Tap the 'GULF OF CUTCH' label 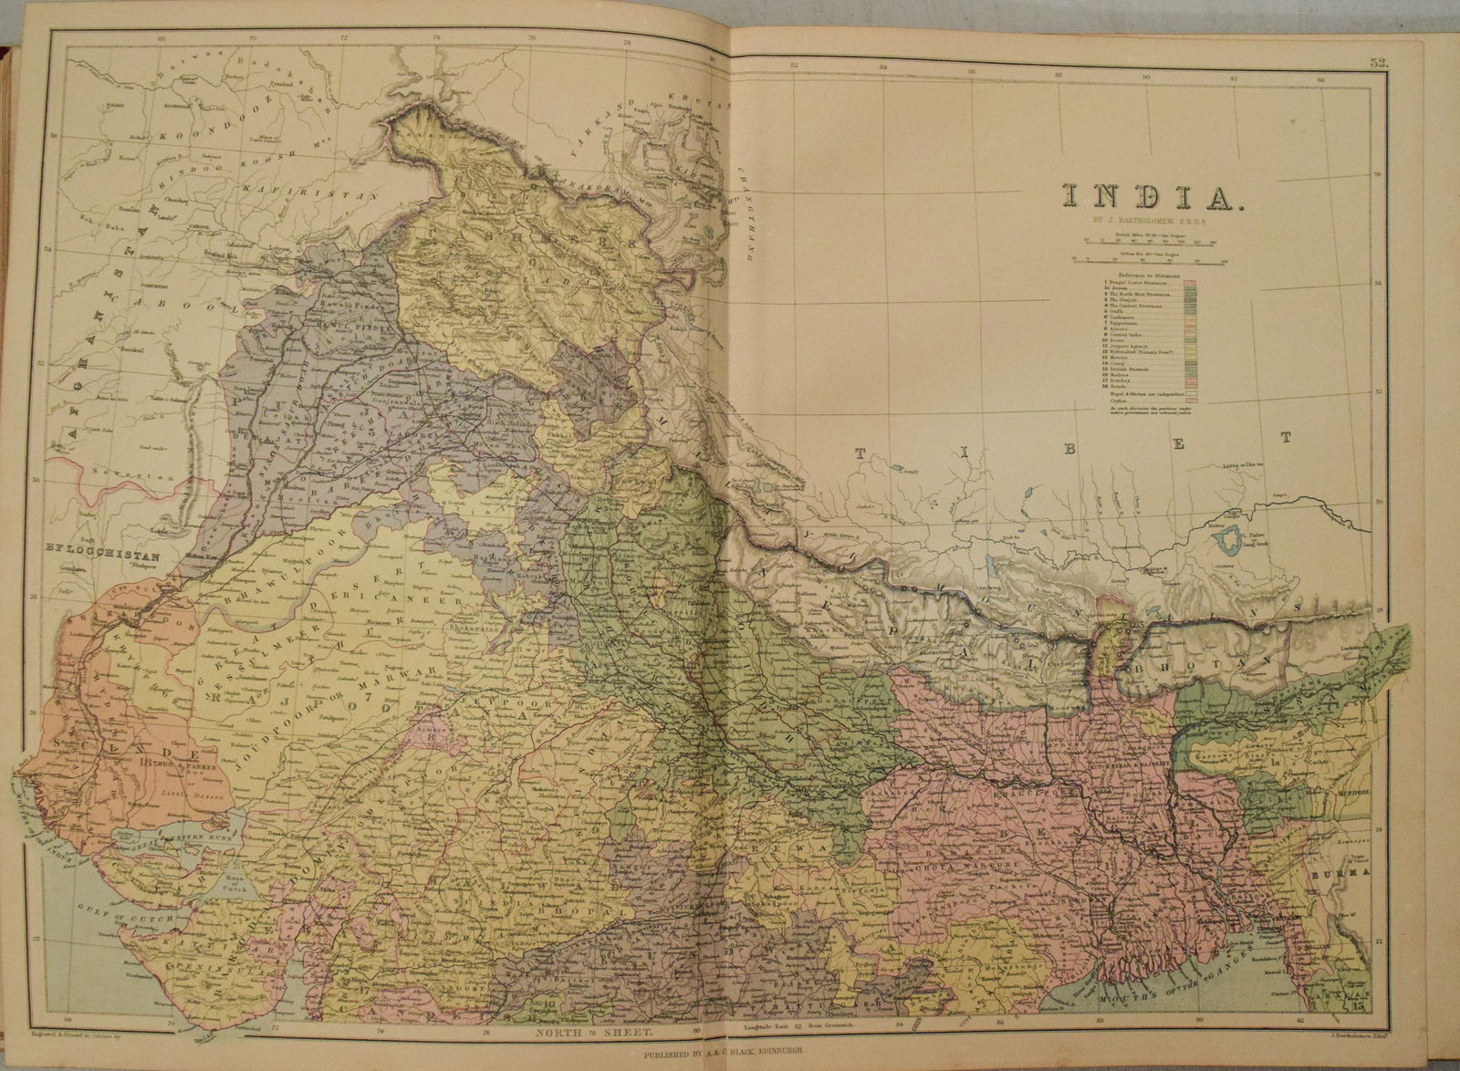click(x=99, y=910)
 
